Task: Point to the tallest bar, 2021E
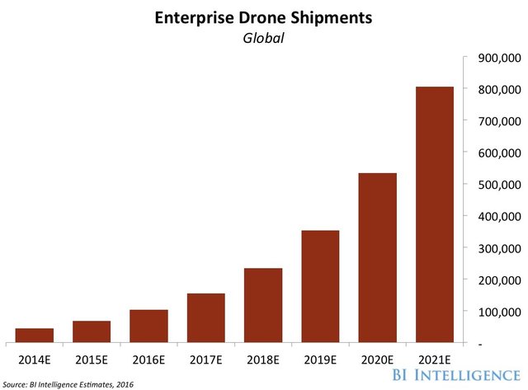point(434,214)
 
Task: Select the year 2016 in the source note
point(121,383)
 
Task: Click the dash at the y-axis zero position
point(469,343)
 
